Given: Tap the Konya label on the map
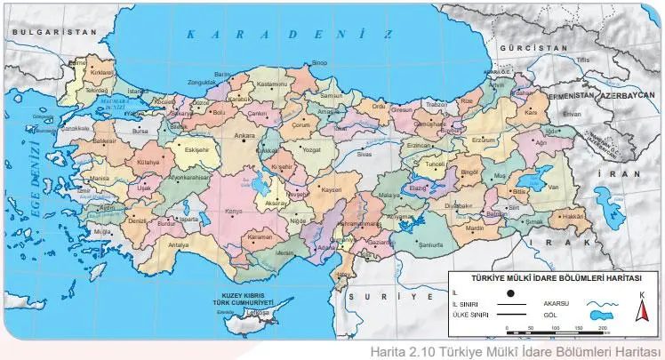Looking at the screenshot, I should pyautogui.click(x=235, y=211).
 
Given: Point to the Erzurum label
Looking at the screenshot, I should pyautogui.click(x=483, y=140).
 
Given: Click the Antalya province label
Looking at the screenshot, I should pyautogui.click(x=179, y=244).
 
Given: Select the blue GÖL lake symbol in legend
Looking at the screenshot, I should pyautogui.click(x=601, y=313).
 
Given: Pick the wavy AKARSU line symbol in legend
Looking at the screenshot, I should pyautogui.click(x=601, y=301).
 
